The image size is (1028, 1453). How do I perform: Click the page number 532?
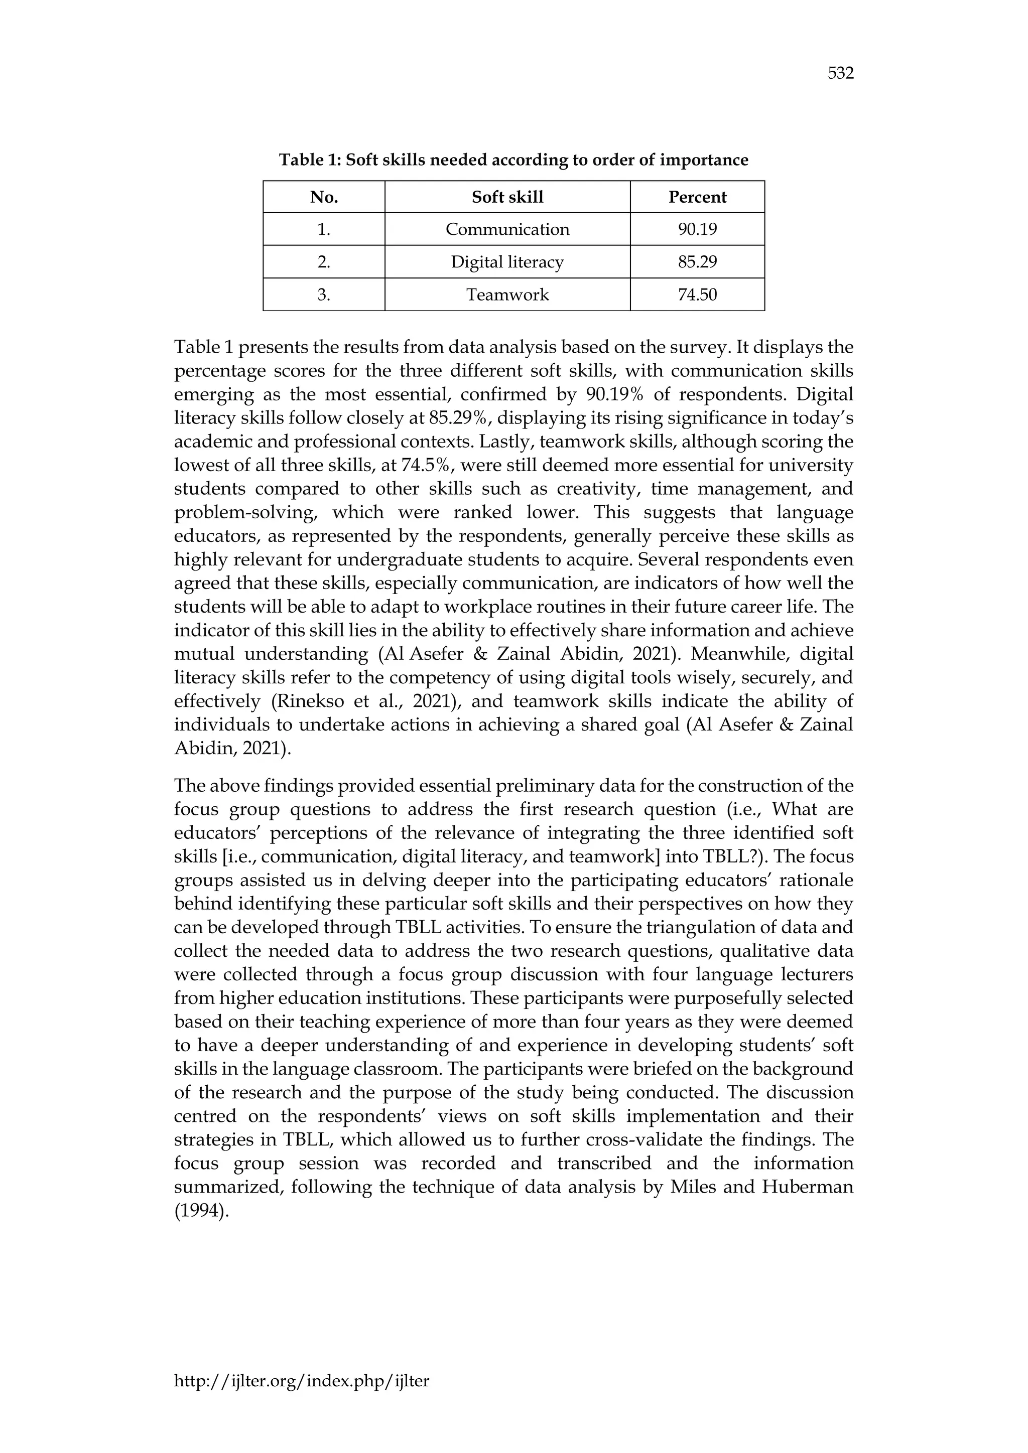841,74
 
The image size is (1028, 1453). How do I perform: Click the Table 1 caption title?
513,160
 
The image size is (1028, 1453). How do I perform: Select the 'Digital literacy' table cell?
507,262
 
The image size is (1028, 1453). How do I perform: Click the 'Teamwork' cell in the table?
507,295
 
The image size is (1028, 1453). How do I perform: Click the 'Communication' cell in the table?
507,229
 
